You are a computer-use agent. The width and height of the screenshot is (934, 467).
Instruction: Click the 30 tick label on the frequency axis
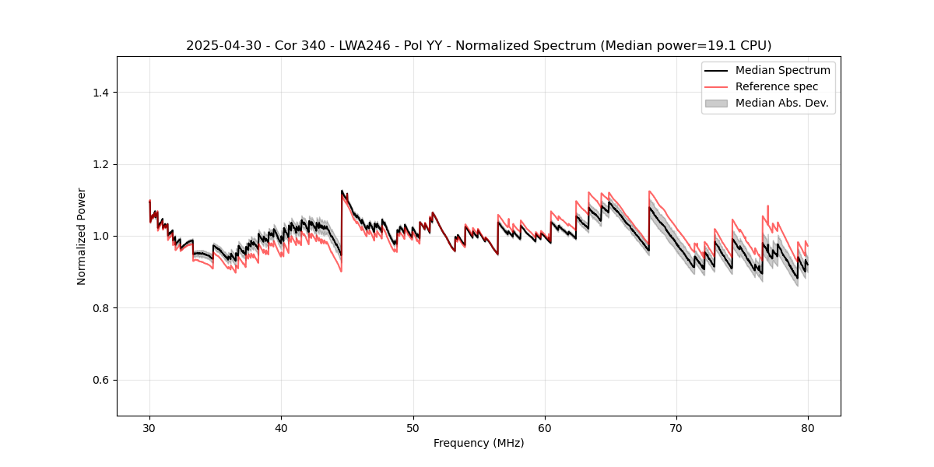tap(149, 427)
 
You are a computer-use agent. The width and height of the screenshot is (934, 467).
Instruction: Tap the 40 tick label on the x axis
tap(281, 427)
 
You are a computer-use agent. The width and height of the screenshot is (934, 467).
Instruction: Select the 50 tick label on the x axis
tap(413, 427)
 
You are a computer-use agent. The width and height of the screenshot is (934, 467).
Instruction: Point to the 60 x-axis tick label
tap(545, 427)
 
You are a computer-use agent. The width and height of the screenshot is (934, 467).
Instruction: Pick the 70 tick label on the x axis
tap(676, 427)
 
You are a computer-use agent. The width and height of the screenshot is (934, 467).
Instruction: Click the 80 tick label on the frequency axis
tap(808, 427)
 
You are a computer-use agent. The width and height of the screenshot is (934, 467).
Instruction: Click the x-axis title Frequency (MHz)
tap(479, 443)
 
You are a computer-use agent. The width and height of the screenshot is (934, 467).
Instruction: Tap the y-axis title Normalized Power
tap(82, 236)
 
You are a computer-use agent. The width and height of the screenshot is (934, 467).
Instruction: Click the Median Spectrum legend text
tap(782, 70)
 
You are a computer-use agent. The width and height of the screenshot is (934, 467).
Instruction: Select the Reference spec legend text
tap(776, 86)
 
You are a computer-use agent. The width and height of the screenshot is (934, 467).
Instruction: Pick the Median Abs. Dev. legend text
tap(782, 103)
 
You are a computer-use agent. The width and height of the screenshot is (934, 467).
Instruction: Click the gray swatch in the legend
tap(716, 103)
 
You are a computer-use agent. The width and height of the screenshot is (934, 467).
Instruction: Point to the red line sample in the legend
tap(716, 86)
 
